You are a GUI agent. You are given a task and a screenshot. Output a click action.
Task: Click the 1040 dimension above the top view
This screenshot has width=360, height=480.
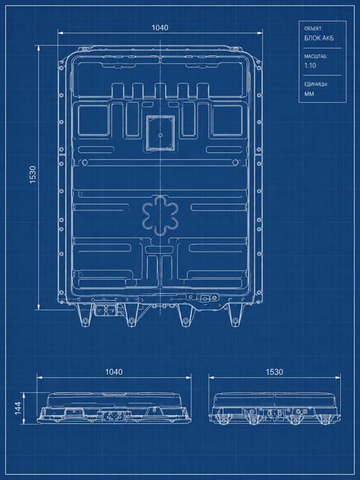(160, 28)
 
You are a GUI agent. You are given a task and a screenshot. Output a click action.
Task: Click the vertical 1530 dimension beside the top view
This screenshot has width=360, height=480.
(33, 175)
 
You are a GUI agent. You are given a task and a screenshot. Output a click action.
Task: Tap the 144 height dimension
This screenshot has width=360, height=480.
(18, 409)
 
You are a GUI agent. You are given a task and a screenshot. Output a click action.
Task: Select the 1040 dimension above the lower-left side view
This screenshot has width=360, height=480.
(114, 372)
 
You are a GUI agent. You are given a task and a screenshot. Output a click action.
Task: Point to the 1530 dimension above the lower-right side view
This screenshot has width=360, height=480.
(274, 372)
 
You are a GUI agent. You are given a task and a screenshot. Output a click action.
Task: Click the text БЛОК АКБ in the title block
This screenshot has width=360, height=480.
(319, 38)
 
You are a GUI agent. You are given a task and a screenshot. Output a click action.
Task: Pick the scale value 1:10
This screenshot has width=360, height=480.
(310, 66)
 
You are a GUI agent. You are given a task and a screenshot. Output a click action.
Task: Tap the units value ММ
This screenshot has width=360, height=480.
(309, 94)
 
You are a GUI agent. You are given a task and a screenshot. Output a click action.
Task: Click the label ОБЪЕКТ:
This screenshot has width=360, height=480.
(313, 29)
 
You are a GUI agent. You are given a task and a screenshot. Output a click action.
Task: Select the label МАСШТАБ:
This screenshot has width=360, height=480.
(315, 57)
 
